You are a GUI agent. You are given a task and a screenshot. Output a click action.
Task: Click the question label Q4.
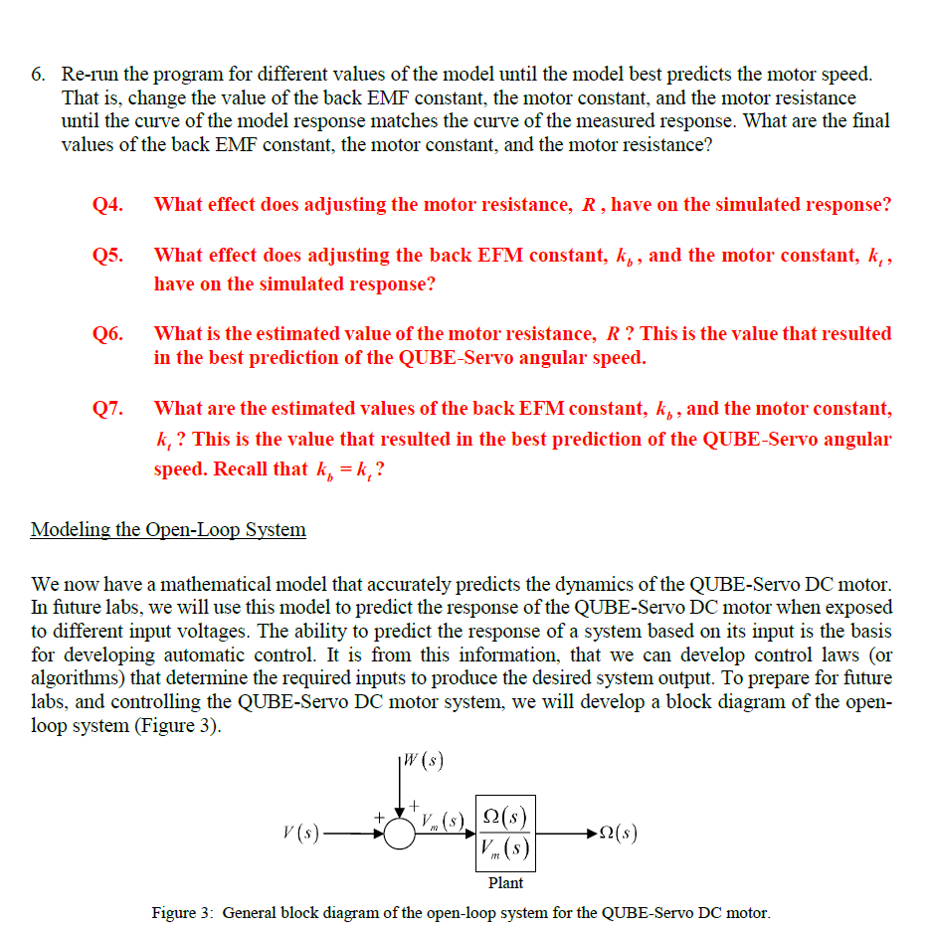(107, 205)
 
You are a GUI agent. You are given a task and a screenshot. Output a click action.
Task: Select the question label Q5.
(107, 256)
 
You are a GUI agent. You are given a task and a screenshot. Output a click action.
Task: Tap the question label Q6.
(107, 334)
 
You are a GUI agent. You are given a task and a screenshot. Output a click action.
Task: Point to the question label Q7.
(107, 409)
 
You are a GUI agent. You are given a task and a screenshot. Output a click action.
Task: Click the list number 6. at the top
(38, 74)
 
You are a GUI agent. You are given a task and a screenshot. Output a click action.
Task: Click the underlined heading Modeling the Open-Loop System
(168, 529)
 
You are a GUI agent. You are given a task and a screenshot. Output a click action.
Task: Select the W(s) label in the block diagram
(421, 764)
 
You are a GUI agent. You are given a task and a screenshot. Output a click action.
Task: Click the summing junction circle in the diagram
(400, 834)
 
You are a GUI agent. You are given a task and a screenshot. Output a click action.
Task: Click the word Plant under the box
(505, 883)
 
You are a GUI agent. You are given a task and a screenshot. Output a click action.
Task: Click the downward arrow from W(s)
(400, 791)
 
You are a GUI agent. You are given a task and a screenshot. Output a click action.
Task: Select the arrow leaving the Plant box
(567, 834)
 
